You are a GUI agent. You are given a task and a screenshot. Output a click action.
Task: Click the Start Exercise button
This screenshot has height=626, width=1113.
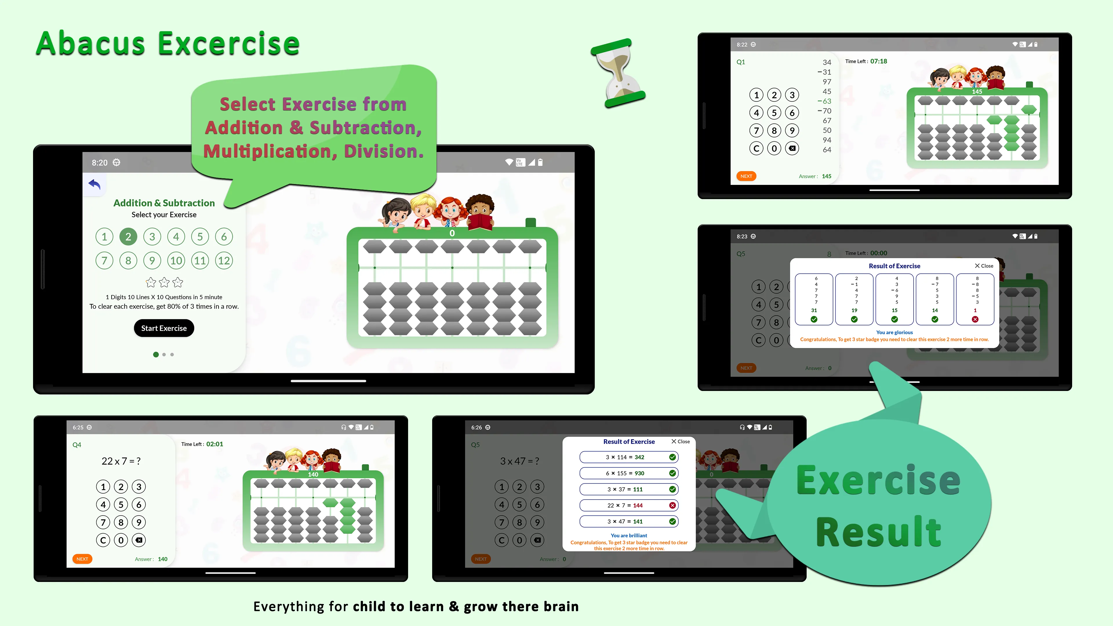pyautogui.click(x=164, y=328)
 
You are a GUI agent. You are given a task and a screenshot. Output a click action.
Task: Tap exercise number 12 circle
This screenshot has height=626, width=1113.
pyautogui.click(x=224, y=261)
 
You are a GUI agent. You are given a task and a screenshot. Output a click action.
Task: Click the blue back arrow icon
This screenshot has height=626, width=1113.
pyautogui.click(x=94, y=185)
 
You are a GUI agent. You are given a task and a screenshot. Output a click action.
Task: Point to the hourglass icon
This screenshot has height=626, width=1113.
pyautogui.click(x=618, y=73)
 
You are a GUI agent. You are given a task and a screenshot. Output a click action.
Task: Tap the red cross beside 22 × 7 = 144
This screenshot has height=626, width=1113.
pyautogui.click(x=672, y=505)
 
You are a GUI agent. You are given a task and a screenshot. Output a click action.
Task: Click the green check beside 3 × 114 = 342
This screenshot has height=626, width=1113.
pyautogui.click(x=672, y=457)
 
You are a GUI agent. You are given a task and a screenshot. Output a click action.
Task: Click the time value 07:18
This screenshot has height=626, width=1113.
pyautogui.click(x=879, y=61)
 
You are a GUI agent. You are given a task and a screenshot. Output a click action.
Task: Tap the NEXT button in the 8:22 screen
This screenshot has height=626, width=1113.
pyautogui.click(x=746, y=176)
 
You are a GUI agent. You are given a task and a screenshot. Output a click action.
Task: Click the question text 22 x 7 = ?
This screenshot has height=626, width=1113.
pyautogui.click(x=121, y=461)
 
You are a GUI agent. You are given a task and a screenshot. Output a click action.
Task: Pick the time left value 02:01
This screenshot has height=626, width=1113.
pyautogui.click(x=215, y=444)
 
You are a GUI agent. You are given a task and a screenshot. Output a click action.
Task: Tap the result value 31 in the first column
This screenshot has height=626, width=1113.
pyautogui.click(x=814, y=310)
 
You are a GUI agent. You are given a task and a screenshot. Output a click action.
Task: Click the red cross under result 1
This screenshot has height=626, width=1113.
pyautogui.click(x=975, y=319)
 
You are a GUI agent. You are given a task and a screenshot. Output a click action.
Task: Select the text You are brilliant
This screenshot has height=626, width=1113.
pyautogui.click(x=629, y=536)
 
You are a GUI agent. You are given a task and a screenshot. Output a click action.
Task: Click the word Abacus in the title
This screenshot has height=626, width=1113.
pyautogui.click(x=90, y=44)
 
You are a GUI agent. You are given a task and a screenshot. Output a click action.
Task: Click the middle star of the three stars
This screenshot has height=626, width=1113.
pyautogui.click(x=164, y=283)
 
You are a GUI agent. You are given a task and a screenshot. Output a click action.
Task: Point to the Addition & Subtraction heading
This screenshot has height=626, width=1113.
pyautogui.click(x=164, y=203)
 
